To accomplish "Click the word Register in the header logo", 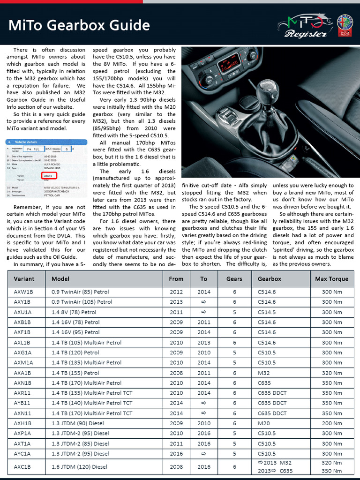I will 305,34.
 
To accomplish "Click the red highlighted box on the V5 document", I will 47,176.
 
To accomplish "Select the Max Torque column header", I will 332,278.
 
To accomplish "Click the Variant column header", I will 24,278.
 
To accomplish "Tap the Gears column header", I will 234,278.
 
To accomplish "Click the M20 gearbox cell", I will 264,423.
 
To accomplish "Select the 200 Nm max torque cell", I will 332,423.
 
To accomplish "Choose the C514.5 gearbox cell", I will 267,312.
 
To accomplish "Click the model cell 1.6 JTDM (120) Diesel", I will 80,467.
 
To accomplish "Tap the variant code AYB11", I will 22,403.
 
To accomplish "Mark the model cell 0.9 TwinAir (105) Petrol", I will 82,302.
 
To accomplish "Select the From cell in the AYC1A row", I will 176,454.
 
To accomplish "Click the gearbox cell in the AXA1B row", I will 264,373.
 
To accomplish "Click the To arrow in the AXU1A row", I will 203,312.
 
